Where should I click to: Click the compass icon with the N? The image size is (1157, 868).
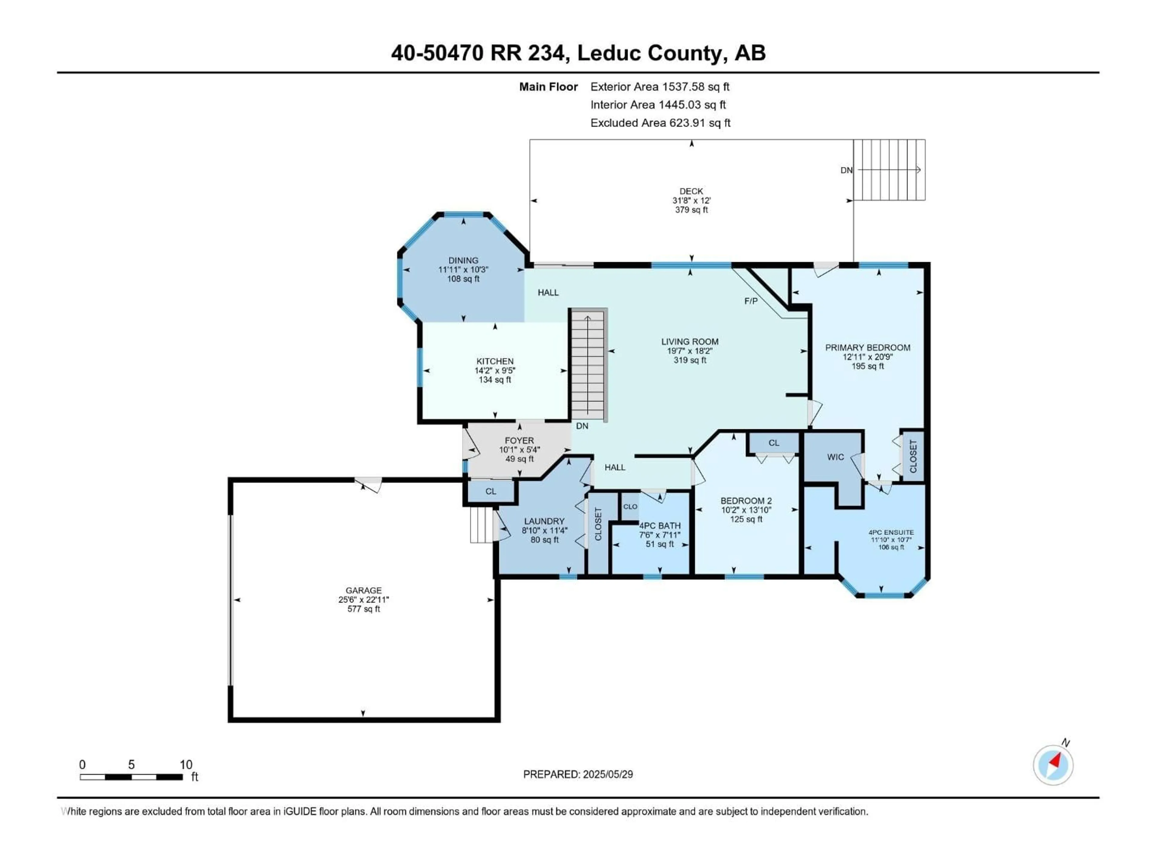1053,765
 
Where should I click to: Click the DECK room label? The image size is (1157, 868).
691,191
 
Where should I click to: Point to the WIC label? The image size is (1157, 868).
835,457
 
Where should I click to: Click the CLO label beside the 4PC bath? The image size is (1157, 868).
630,506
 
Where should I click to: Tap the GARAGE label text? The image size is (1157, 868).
364,590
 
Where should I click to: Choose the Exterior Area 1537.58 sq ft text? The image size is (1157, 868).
660,87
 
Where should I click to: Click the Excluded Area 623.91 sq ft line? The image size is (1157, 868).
660,123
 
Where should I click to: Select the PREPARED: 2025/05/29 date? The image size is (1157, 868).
578,774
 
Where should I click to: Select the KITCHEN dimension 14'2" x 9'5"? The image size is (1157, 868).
495,370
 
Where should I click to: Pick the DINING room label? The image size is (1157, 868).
463,260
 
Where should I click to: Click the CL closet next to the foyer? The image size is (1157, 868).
491,491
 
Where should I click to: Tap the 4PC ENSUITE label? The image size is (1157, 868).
891,533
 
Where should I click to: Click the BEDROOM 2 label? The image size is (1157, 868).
746,501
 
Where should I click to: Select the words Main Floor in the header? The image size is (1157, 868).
548,87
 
